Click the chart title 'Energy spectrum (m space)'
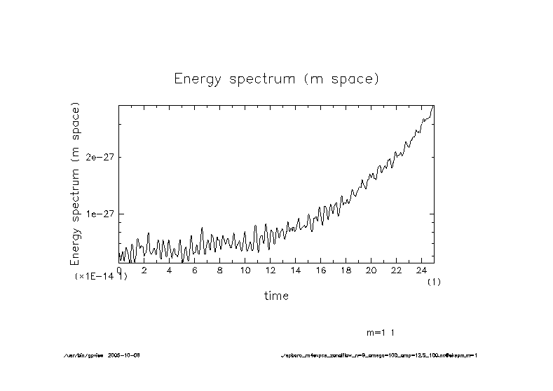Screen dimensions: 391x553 coord(276,79)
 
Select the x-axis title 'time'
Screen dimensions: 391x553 coord(276,296)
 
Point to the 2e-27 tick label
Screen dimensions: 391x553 coord(99,157)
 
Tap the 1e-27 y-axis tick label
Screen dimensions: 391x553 coord(99,214)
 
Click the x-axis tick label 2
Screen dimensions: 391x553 coord(144,270)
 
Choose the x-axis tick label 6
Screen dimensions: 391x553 coord(194,270)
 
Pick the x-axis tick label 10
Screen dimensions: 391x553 coord(245,270)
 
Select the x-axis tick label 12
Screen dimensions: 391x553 coord(270,270)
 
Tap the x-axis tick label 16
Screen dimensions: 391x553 coord(320,270)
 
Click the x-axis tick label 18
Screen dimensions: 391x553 coord(346,270)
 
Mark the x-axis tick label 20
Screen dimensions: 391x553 coord(371,270)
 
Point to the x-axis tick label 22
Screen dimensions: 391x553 coord(396,270)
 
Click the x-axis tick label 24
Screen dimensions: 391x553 coord(421,270)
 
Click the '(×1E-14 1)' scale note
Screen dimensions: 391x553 coord(101,277)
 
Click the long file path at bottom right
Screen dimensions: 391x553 coord(378,355)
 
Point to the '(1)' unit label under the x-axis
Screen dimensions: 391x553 coord(435,281)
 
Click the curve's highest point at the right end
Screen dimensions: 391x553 coord(433,107)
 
